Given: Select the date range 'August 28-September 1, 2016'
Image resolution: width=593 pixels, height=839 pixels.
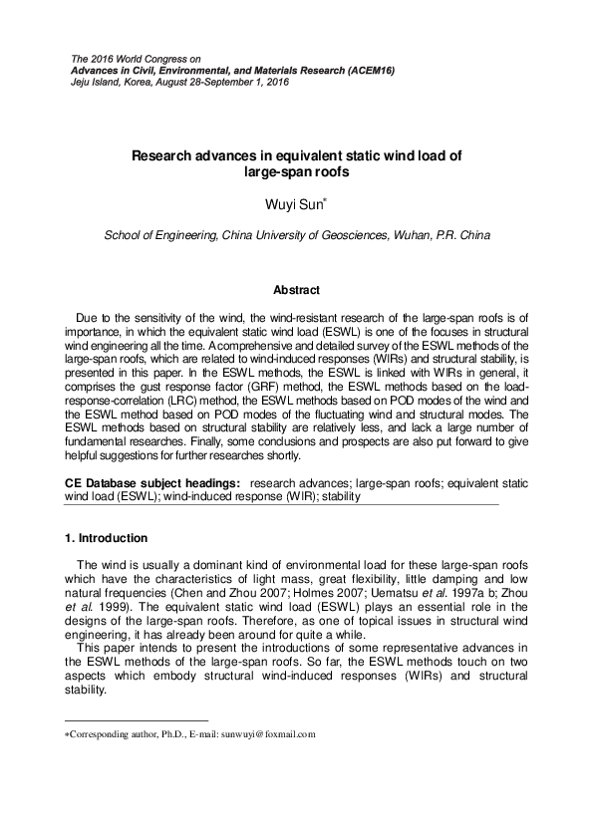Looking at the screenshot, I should point(225,82).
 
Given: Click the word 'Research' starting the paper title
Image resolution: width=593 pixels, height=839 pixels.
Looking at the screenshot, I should point(163,155).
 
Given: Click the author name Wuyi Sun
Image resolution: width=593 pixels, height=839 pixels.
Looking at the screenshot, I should point(294,205).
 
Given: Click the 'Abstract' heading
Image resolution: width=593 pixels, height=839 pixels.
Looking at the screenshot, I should point(296,290).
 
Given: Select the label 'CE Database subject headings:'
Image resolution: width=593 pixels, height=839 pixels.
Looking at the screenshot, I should point(146,482).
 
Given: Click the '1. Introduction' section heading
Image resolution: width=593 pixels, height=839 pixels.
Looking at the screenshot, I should point(106,538).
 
